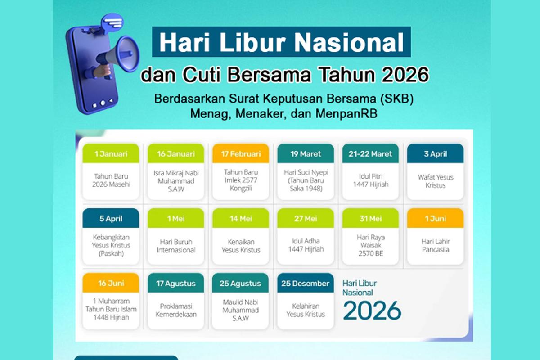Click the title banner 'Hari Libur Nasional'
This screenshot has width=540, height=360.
tap(281, 42)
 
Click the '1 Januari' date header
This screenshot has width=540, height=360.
tap(111, 154)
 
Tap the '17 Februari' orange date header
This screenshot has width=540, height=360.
tap(241, 154)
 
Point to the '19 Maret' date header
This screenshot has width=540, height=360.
tap(306, 154)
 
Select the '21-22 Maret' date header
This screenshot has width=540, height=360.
tap(370, 154)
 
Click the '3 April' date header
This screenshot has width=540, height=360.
tap(435, 154)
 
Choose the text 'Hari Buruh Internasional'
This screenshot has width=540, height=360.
tap(176, 246)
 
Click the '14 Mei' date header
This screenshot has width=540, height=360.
tap(241, 219)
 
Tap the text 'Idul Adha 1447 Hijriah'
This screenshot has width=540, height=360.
tap(306, 245)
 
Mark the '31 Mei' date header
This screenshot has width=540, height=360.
tap(370, 219)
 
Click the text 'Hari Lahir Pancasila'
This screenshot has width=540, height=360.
tap(436, 245)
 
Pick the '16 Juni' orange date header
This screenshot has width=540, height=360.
tap(111, 283)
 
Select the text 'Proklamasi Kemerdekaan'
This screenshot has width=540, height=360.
tap(176, 310)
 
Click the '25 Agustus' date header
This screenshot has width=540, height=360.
tap(241, 283)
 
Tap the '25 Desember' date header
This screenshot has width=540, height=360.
tap(306, 283)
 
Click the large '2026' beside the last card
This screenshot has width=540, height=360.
tap(372, 310)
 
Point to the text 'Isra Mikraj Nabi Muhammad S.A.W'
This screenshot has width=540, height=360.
tap(176, 181)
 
